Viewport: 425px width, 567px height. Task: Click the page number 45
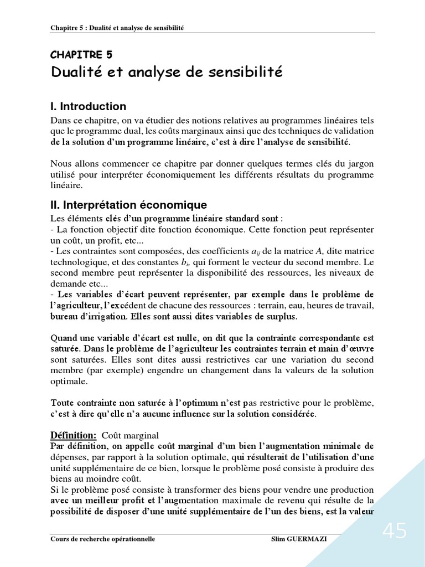pos(394,532)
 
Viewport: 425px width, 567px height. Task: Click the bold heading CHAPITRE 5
pos(81,54)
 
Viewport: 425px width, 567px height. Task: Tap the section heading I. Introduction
pos(89,106)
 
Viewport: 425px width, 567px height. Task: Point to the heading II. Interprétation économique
pos(128,205)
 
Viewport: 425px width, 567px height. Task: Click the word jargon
pos(360,163)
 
